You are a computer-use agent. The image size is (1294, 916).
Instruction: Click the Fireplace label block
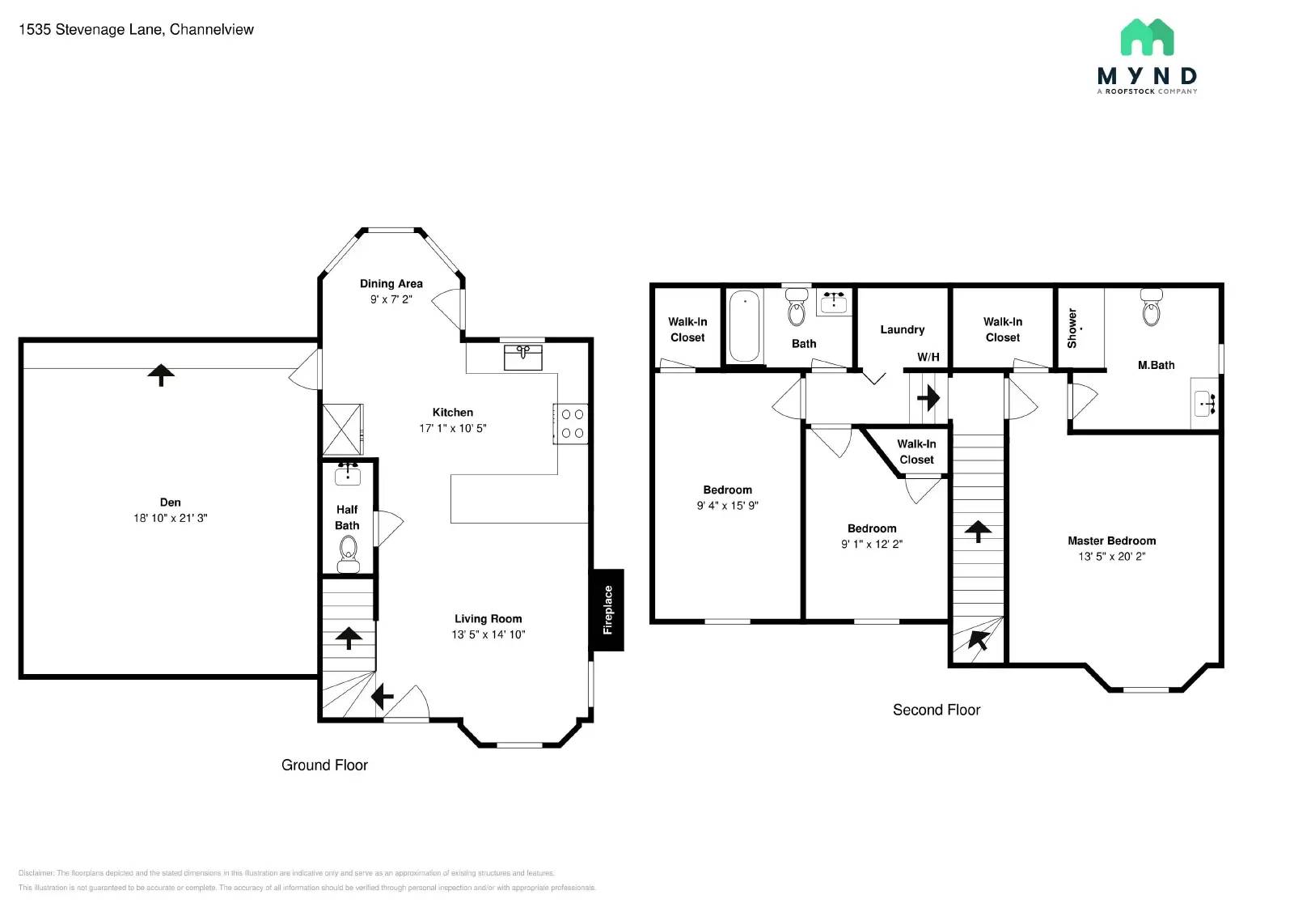[x=607, y=610]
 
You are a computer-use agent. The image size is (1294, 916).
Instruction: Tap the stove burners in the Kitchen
[x=572, y=423]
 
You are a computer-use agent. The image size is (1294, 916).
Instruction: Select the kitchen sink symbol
[x=522, y=356]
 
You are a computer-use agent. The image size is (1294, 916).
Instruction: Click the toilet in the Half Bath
[x=348, y=553]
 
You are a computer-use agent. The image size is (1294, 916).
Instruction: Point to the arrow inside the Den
[x=161, y=375]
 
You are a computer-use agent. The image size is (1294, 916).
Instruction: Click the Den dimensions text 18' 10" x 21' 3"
[x=170, y=518]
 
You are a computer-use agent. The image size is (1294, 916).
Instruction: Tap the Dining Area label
[x=391, y=283]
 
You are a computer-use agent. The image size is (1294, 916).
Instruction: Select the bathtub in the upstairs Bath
[x=745, y=326]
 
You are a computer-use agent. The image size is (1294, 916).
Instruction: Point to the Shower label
[x=1072, y=328]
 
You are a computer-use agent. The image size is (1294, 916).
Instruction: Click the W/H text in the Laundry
[x=928, y=357]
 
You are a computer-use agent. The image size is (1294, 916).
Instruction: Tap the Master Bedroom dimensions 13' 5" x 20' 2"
[x=1111, y=556]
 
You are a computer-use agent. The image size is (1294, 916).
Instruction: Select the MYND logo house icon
[x=1147, y=37]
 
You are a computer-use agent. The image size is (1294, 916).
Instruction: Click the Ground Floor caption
[x=324, y=765]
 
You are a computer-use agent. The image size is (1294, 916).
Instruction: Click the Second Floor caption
[x=936, y=710]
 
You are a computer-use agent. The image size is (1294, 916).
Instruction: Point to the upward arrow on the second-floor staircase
[x=978, y=531]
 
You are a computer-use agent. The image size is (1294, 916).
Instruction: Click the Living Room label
[x=488, y=619]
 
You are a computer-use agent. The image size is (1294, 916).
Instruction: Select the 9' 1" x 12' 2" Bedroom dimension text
[x=871, y=544]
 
